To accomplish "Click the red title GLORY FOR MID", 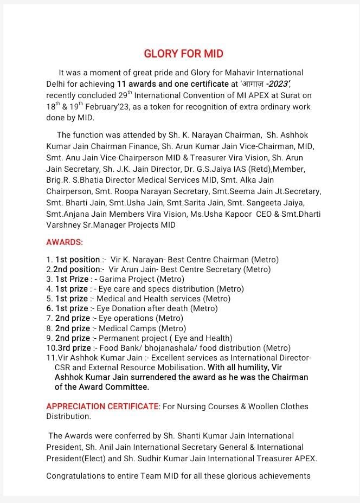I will (x=183, y=54).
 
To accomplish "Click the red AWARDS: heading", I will (x=65, y=242).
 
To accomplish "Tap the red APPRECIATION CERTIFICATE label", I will (x=103, y=406).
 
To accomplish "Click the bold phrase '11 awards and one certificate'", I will (x=173, y=84).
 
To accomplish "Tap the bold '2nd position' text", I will (x=76, y=269).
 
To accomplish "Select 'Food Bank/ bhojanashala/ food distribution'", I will (x=180, y=348).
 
